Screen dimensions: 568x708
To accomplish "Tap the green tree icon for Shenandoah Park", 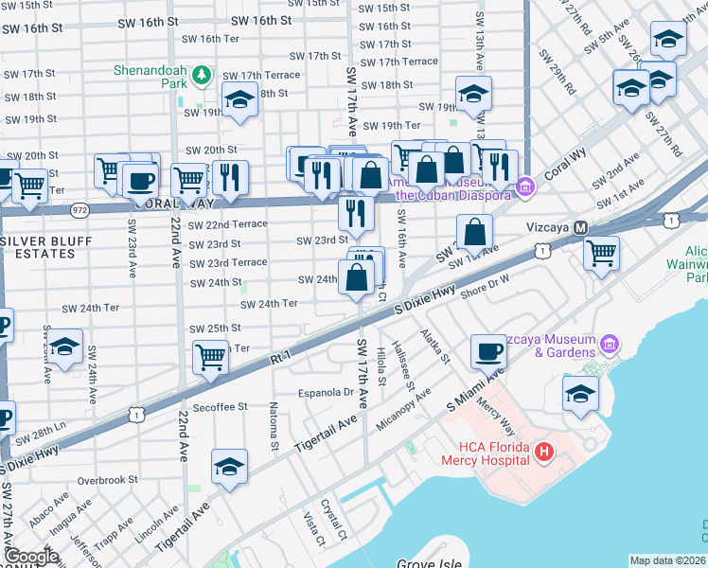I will tap(200, 75).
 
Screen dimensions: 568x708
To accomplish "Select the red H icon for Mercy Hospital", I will tap(543, 453).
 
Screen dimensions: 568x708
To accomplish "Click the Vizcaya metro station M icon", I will tap(581, 228).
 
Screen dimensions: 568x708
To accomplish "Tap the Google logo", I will tap(30, 557).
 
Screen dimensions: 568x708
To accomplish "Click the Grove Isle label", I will tap(430, 564).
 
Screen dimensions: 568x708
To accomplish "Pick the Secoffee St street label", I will tap(221, 406).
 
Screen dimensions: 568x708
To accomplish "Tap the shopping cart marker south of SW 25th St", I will tap(211, 357).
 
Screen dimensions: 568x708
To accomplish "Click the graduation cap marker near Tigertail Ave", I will tap(230, 467).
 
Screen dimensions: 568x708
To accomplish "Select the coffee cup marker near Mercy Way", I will tap(488, 351).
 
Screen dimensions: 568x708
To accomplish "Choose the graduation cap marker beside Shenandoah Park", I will tap(240, 99).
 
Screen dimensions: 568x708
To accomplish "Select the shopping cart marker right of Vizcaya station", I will tap(602, 254).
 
